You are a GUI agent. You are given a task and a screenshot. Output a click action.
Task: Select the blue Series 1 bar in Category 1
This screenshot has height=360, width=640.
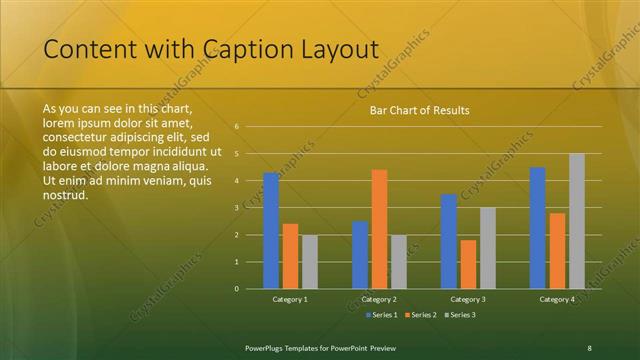point(271,231)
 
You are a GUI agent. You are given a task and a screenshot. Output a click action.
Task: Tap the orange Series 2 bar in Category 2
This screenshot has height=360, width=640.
point(380,229)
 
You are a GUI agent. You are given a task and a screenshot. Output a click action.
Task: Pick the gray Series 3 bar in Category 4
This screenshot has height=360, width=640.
point(577,221)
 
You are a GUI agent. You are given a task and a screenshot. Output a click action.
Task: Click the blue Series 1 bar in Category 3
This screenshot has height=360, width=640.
point(449,241)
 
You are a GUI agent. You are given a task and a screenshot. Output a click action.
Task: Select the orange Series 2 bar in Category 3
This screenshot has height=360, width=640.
point(468,264)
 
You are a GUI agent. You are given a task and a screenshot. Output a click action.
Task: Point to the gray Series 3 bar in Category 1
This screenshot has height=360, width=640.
point(310,262)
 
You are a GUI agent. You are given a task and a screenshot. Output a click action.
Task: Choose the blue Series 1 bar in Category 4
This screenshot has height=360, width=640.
point(538,228)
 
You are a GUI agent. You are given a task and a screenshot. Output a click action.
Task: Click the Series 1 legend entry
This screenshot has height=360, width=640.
point(383,315)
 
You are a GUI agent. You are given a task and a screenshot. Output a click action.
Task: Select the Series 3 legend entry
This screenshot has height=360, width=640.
point(461,315)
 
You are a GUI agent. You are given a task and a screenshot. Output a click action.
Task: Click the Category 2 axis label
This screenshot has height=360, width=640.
point(380,299)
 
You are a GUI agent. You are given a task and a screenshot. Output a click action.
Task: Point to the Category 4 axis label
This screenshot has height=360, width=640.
point(557,299)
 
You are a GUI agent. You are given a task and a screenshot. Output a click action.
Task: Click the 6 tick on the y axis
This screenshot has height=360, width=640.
point(237,127)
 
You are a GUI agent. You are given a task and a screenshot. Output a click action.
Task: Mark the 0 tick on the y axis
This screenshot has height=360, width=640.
point(237,289)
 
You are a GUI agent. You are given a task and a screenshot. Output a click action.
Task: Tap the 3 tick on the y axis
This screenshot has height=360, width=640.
point(237,208)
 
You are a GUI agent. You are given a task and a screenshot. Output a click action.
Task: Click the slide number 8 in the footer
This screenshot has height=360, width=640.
point(589,347)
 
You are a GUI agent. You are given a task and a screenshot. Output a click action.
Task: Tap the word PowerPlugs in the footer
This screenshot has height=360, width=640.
point(270,347)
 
